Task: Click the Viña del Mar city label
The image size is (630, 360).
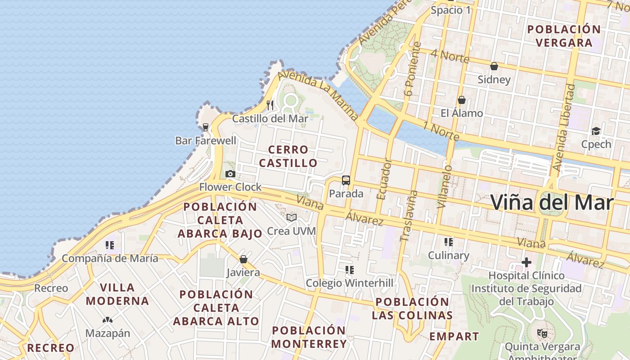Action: [552, 202]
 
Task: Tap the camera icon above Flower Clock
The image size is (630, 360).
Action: [230, 174]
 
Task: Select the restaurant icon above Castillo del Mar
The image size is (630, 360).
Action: [270, 105]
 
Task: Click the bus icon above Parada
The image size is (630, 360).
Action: [346, 180]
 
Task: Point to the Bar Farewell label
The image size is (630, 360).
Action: [206, 141]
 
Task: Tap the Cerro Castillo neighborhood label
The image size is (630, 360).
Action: [288, 156]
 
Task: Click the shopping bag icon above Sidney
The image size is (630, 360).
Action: [494, 66]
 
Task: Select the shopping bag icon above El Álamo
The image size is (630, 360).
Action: [461, 100]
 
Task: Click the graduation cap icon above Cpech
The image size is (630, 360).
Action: [596, 131]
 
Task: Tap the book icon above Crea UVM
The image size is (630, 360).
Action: [292, 218]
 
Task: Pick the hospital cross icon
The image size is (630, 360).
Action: [526, 262]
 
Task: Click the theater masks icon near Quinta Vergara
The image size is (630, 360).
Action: [542, 333]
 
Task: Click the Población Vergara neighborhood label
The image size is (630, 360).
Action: [564, 36]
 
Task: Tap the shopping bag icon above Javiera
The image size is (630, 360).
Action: [243, 259]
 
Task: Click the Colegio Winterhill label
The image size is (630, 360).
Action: [349, 283]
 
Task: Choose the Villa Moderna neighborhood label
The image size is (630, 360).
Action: [117, 294]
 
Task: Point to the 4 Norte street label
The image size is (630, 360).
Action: [450, 56]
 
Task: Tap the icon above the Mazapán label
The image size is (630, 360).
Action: [108, 320]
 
